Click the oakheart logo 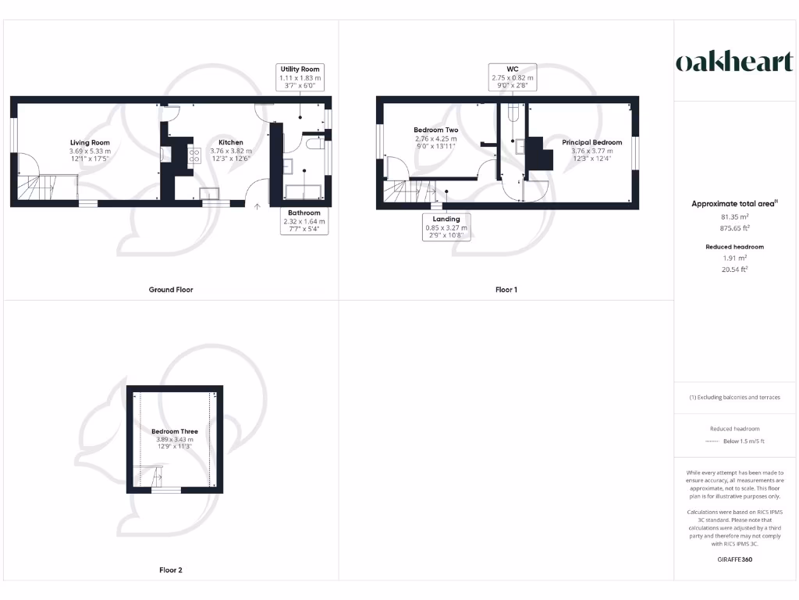click(733, 62)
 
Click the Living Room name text click(90, 142)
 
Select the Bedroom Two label click(435, 130)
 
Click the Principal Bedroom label click(592, 142)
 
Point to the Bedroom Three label click(174, 431)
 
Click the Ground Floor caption click(171, 290)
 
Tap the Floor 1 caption click(506, 290)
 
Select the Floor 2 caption click(171, 570)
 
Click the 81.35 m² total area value click(733, 216)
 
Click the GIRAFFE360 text click(733, 559)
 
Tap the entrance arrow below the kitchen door click(258, 207)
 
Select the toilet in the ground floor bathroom click(314, 145)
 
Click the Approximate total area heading click(735, 203)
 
